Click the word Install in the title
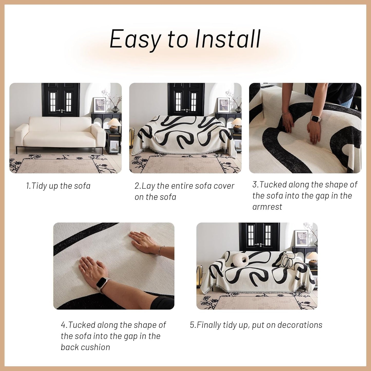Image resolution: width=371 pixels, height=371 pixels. pyautogui.click(x=228, y=39)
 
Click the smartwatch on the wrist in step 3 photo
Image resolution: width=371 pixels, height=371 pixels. pyautogui.click(x=315, y=118)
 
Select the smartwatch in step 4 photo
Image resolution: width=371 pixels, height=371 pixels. pyautogui.click(x=102, y=284)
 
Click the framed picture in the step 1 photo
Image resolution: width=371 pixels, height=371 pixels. pyautogui.click(x=100, y=105)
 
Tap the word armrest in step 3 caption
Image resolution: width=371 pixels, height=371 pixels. pyautogui.click(x=267, y=207)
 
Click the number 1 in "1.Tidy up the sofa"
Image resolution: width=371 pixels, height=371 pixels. pyautogui.click(x=28, y=186)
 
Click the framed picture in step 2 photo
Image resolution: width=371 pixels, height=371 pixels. pyautogui.click(x=223, y=105)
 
